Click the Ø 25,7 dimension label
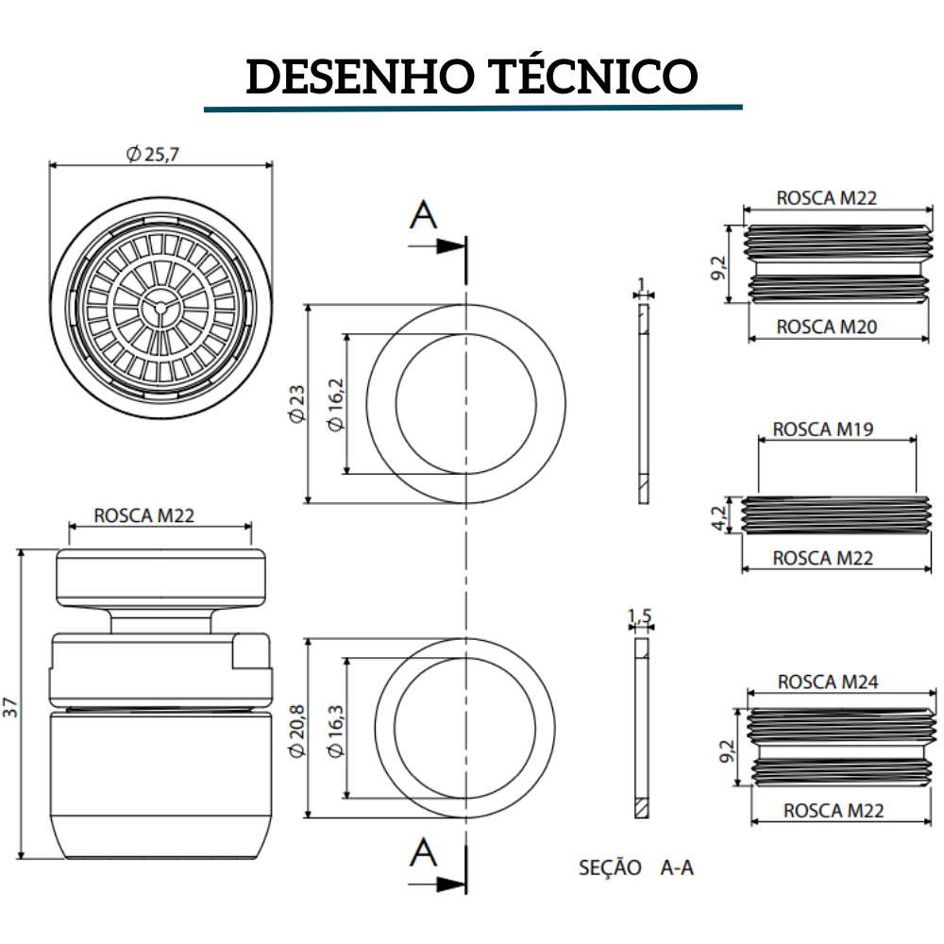(152, 154)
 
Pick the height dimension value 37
(10, 706)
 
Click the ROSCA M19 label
(823, 429)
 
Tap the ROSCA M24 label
(827, 682)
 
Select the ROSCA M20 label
(827, 327)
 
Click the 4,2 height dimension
(719, 517)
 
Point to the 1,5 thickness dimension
(640, 617)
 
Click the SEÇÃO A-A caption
(635, 868)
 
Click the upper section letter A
(424, 216)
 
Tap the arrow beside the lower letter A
(449, 885)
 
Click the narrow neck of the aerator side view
(160, 620)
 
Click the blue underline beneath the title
(473, 109)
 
